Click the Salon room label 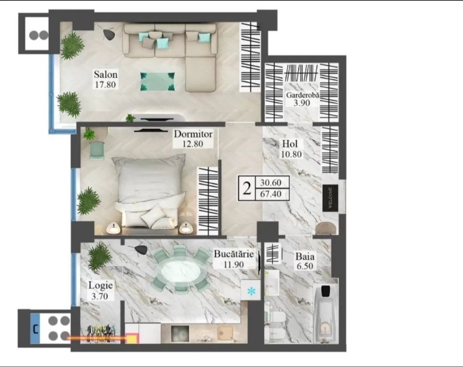106,74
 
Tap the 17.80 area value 105,85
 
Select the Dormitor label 193,134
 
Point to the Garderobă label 303,95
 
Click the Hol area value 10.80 291,154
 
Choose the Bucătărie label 234,254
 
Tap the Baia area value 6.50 305,266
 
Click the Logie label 100,285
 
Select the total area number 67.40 271,194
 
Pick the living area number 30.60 271,183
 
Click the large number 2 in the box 247,188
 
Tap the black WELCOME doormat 330,198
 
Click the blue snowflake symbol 251,292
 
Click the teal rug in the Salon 157,81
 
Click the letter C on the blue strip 36,329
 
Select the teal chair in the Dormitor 97,150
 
